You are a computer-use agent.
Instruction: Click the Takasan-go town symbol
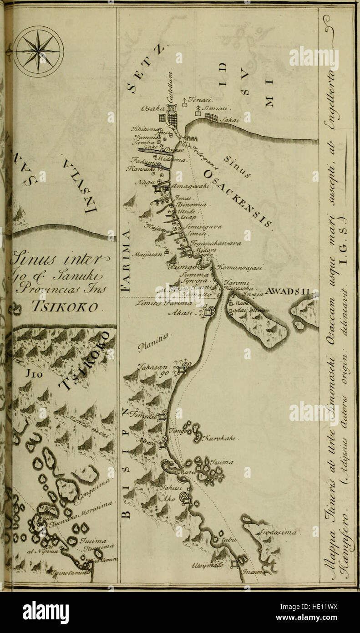pos(182,370)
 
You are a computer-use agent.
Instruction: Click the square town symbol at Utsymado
pos(234,563)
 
